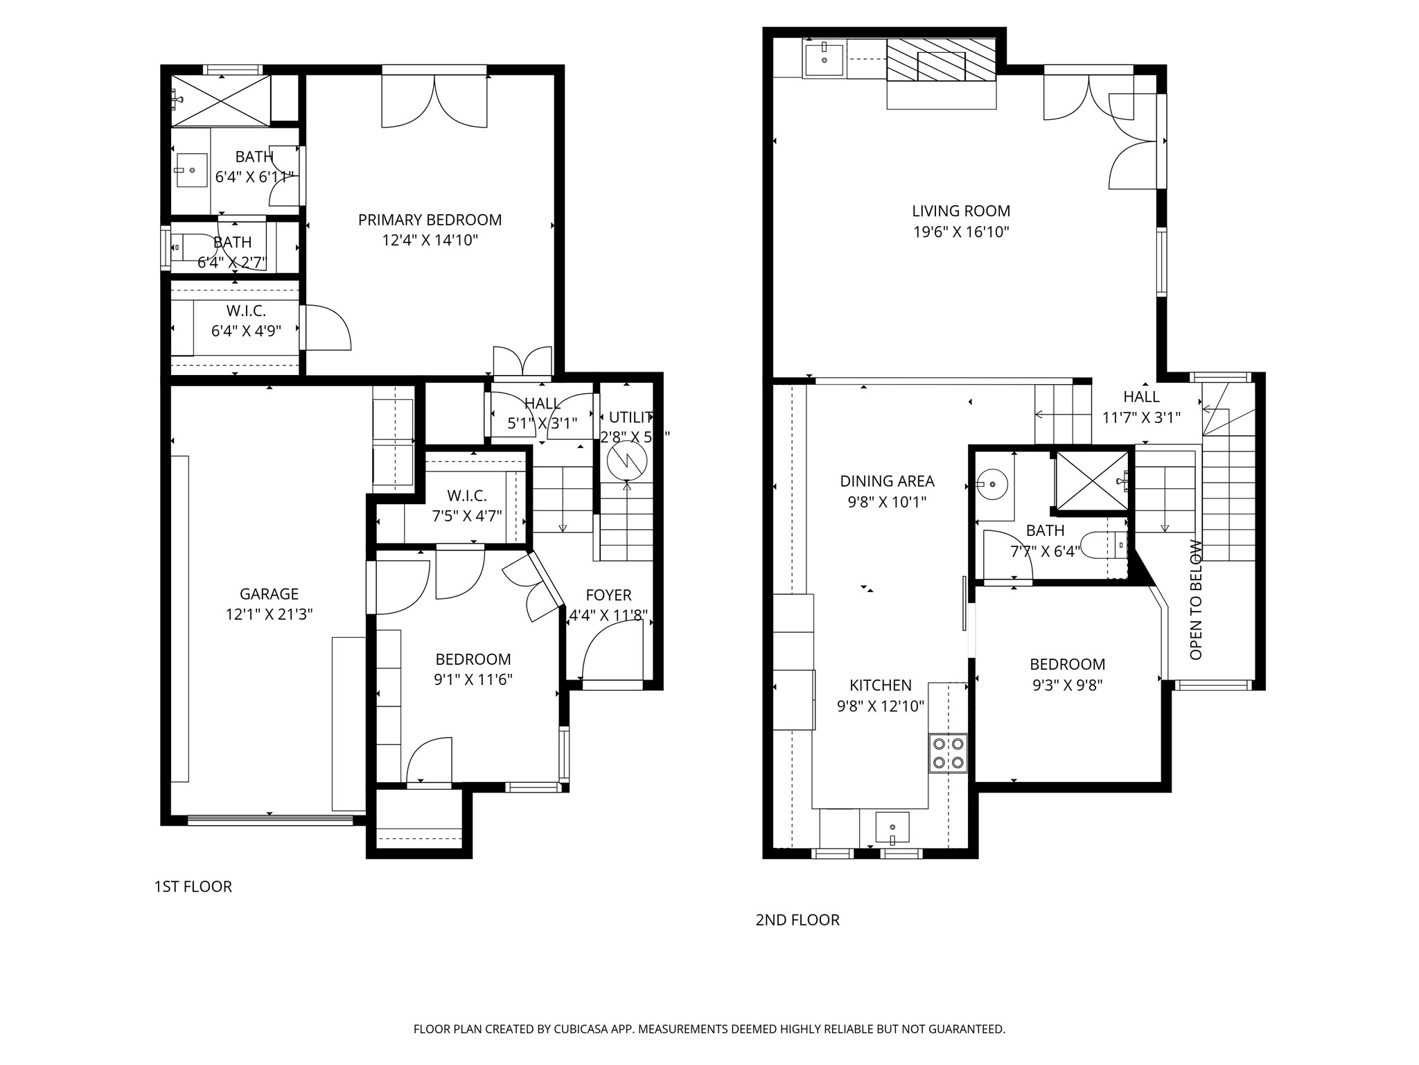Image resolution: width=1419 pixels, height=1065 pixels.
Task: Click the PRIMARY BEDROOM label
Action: tap(430, 220)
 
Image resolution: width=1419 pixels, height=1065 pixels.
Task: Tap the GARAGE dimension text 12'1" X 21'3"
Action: tap(269, 614)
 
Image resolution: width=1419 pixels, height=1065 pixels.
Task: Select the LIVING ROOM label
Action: tap(960, 211)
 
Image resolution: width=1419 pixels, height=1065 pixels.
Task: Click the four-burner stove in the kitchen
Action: tap(949, 753)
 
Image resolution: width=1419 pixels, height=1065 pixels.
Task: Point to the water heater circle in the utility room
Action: tap(627, 460)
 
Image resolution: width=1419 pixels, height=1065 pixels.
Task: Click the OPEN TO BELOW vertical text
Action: tap(1196, 600)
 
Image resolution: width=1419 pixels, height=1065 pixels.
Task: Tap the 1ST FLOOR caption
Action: tap(193, 886)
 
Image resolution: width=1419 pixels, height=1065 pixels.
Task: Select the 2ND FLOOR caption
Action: tap(797, 920)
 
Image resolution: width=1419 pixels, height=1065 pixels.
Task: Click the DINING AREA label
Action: tap(887, 480)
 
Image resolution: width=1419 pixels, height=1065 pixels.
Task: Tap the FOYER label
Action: tap(608, 595)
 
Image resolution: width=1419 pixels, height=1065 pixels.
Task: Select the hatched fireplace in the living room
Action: tap(941, 60)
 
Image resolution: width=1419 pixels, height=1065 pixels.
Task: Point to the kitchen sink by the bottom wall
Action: tap(892, 827)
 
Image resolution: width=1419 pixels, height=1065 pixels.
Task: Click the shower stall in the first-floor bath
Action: tap(220, 101)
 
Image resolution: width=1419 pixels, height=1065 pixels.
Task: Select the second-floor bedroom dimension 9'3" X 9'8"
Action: tap(1067, 685)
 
